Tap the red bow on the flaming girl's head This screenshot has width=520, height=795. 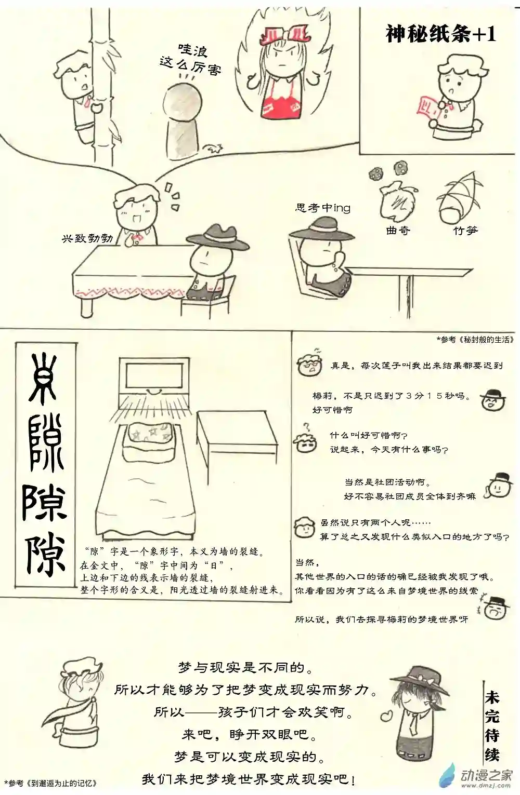(x=286, y=35)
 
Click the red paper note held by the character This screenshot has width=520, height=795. (x=425, y=109)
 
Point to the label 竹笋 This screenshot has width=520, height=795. (x=464, y=230)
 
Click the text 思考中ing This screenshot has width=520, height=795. (x=322, y=208)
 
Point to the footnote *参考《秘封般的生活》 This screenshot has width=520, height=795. (x=475, y=340)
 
